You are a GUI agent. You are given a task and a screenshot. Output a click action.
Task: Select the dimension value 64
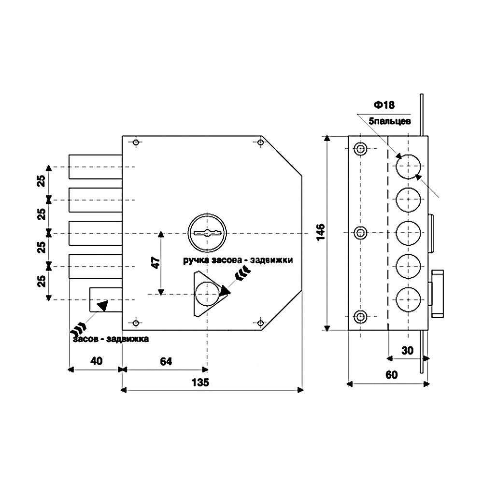(x=166, y=361)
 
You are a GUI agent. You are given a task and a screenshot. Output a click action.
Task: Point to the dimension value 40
(x=96, y=361)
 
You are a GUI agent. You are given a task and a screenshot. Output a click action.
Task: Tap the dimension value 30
(x=408, y=351)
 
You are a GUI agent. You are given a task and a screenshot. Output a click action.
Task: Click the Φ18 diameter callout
(x=384, y=105)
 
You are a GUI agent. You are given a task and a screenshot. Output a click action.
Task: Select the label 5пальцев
(x=389, y=121)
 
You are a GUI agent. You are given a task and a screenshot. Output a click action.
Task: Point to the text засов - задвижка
(x=111, y=339)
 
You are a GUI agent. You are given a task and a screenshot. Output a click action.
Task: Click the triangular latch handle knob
(x=207, y=293)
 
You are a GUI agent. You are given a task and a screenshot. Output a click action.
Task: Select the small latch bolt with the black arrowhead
(x=104, y=300)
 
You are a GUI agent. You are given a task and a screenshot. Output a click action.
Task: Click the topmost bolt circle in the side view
(x=409, y=167)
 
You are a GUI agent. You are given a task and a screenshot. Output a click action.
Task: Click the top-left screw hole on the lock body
(x=136, y=142)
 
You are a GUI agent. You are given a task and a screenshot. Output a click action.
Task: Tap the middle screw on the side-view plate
(x=360, y=233)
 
